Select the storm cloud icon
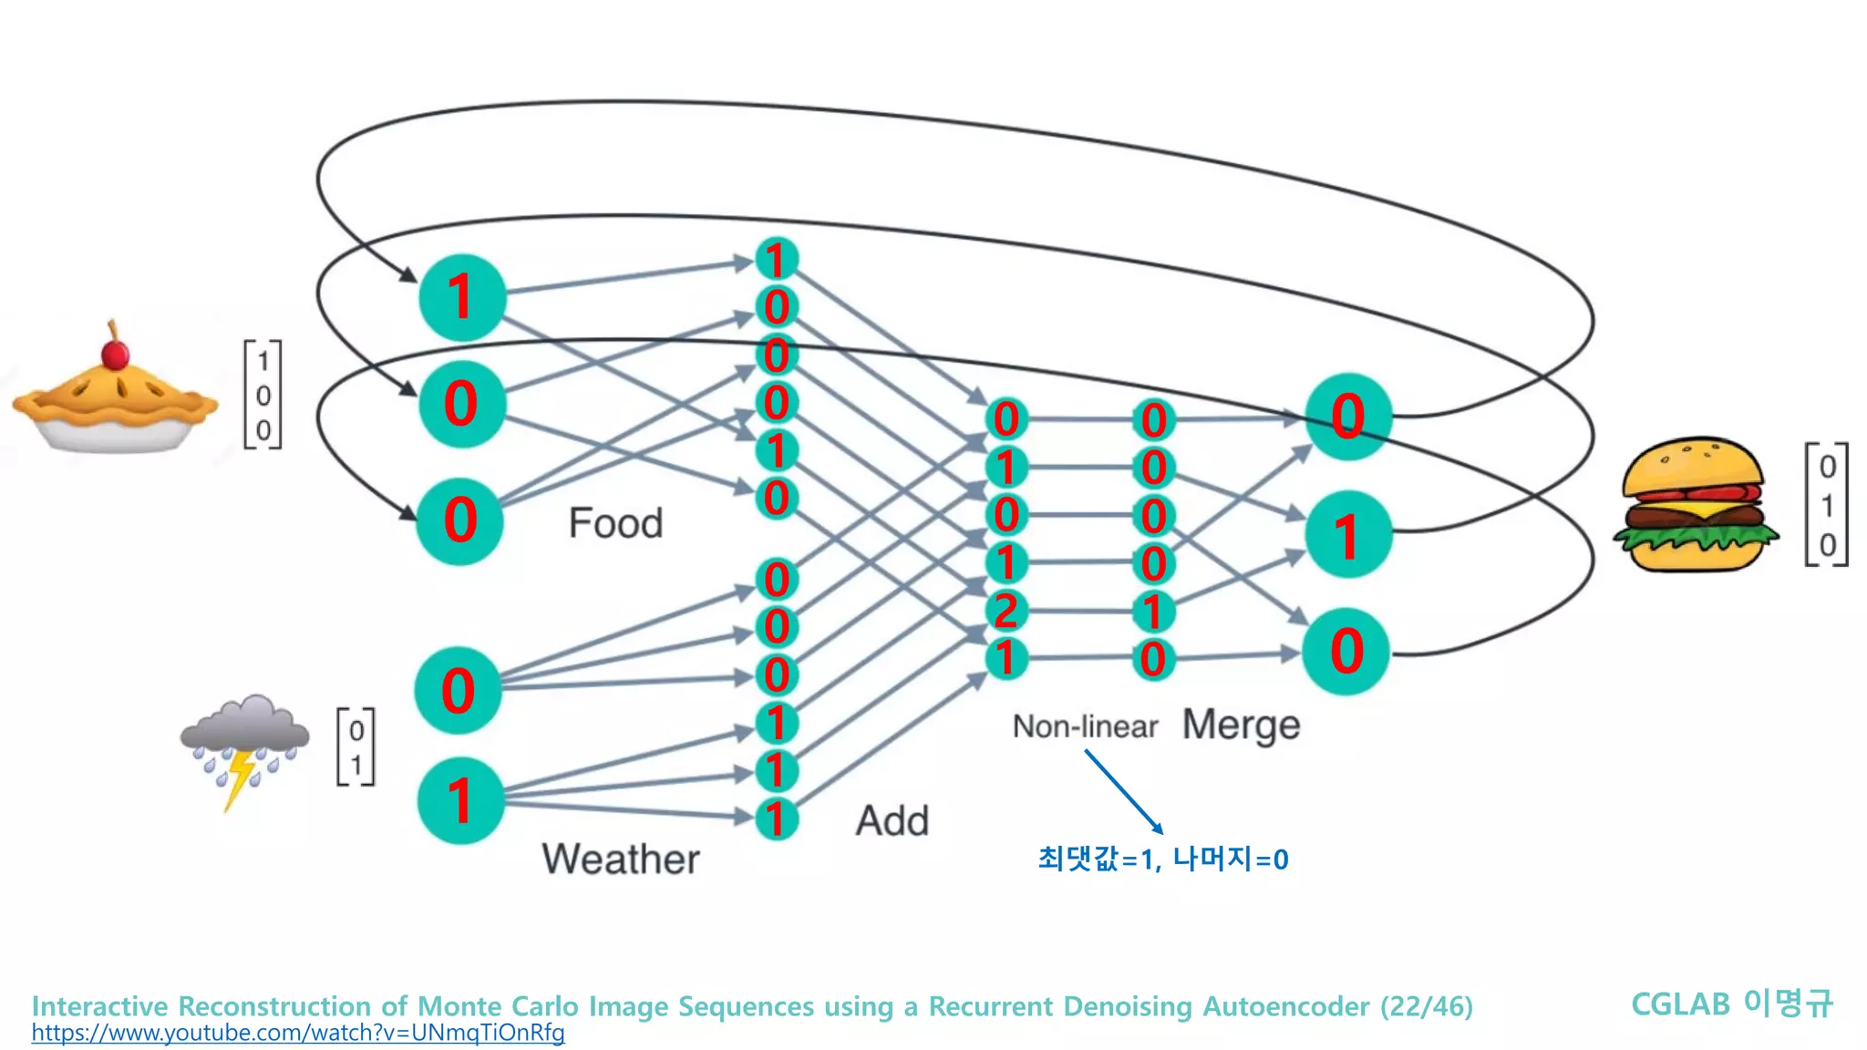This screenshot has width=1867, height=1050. [x=244, y=729]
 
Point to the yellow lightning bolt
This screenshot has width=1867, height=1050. [x=240, y=779]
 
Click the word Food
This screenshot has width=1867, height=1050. [x=615, y=523]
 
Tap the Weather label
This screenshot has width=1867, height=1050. [x=621, y=859]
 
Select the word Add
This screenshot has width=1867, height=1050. [x=892, y=820]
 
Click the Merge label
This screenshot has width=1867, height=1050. [x=1241, y=726]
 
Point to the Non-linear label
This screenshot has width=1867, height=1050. [x=1085, y=726]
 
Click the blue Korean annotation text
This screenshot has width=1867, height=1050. [x=1162, y=859]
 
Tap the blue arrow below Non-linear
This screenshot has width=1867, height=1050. [x=1123, y=791]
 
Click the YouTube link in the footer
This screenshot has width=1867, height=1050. [x=298, y=1033]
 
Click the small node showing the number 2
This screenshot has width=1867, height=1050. [x=1006, y=611]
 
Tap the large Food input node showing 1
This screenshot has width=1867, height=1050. [x=462, y=297]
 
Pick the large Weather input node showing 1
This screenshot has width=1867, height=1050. [x=460, y=800]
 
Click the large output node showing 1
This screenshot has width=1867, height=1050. [x=1347, y=535]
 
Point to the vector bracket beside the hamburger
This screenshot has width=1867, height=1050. [x=1826, y=504]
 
